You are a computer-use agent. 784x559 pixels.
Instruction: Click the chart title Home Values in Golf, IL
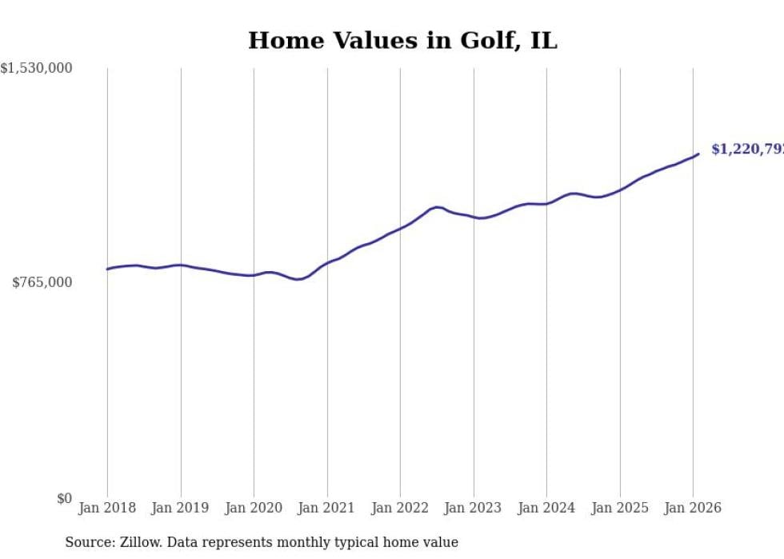click(x=402, y=40)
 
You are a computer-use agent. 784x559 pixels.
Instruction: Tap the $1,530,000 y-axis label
click(x=37, y=69)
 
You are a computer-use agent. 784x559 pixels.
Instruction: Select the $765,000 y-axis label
click(x=42, y=282)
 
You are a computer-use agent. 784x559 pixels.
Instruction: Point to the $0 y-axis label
click(x=64, y=498)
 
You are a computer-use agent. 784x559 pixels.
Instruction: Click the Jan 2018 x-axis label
click(x=107, y=508)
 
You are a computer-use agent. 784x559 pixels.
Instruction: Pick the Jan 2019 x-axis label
click(x=180, y=508)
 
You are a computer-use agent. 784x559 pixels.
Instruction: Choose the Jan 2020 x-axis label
click(x=254, y=508)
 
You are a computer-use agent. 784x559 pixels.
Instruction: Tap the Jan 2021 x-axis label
click(x=326, y=508)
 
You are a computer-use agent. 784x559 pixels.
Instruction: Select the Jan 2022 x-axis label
click(x=400, y=508)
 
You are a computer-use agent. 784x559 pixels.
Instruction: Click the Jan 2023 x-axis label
click(x=474, y=508)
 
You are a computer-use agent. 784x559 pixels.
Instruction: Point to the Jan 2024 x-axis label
click(x=546, y=508)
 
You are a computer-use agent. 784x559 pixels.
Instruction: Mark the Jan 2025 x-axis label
click(x=620, y=508)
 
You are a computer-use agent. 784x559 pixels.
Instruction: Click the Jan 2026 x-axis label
click(x=693, y=508)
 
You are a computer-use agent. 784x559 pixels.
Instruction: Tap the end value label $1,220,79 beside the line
click(x=746, y=150)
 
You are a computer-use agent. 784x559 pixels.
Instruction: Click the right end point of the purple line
click(x=698, y=154)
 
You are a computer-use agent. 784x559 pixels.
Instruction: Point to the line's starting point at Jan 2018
click(x=107, y=269)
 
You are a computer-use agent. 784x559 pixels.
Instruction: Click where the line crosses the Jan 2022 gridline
click(x=400, y=228)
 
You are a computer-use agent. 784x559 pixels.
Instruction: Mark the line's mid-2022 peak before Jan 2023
click(x=438, y=206)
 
